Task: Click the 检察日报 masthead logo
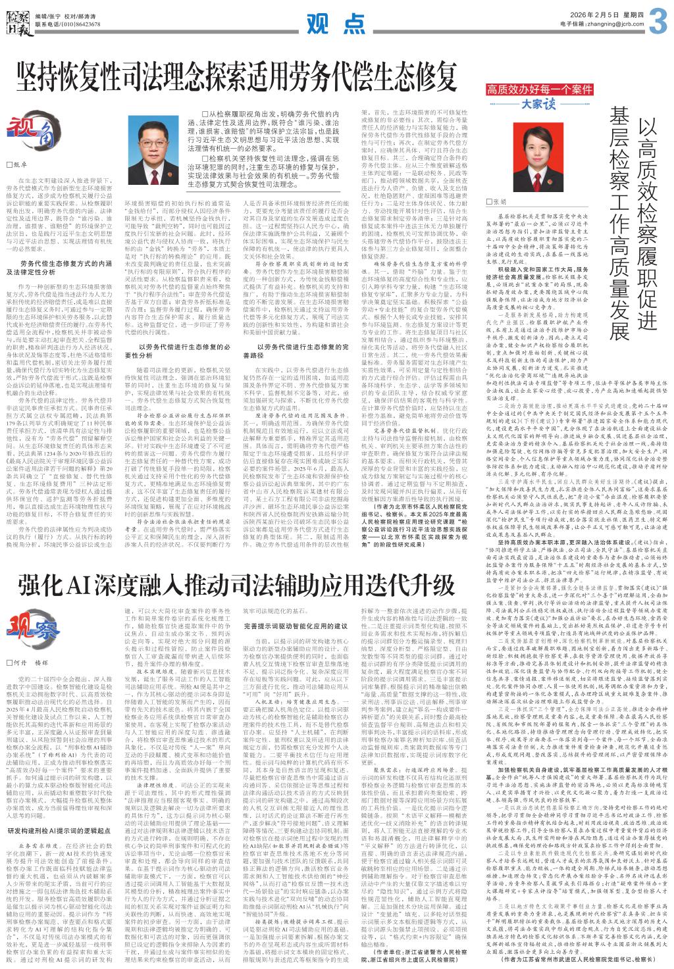tap(16, 16)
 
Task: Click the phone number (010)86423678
tap(78, 24)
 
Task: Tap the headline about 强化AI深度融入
tap(236, 585)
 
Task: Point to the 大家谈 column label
tap(539, 104)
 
